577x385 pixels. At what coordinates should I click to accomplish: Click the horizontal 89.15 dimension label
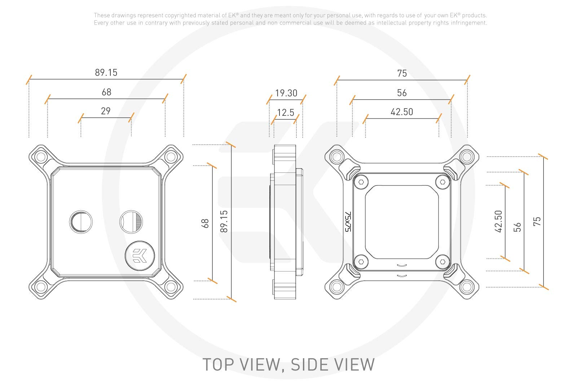click(x=106, y=73)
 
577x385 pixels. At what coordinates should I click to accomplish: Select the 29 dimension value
click(x=106, y=111)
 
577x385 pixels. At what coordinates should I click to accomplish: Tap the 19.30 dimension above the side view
click(x=286, y=93)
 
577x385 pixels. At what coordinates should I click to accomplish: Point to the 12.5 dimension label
click(x=286, y=113)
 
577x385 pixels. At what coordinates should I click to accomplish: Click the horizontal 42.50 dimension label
click(x=402, y=112)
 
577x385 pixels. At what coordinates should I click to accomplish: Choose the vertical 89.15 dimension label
click(x=224, y=221)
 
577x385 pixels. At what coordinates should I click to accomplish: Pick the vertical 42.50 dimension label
click(x=498, y=221)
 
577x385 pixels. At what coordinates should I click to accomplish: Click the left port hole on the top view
click(x=80, y=221)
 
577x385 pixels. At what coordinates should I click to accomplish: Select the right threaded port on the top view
click(x=131, y=221)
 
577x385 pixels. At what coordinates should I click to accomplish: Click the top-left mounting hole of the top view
click(x=41, y=157)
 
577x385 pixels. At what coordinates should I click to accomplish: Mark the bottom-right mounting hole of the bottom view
click(x=466, y=287)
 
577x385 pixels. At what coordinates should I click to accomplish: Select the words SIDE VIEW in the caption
click(x=332, y=364)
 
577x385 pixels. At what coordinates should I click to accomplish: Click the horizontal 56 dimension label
click(x=402, y=93)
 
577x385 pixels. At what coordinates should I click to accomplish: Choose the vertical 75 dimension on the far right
click(x=537, y=221)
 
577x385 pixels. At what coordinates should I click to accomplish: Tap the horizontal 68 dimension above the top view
click(x=106, y=92)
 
